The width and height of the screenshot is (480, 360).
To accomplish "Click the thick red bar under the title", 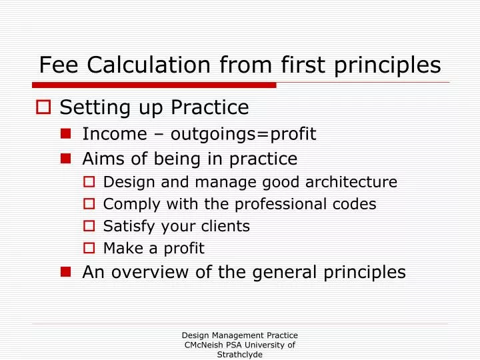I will pos(153,85).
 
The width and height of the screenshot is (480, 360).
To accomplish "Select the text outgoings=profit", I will pos(243,135).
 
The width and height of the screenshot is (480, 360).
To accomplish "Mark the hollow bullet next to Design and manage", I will pos(91,182).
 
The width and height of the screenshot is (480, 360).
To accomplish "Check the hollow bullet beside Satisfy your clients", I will pos(91,226).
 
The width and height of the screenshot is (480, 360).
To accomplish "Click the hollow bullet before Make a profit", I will pos(91,249).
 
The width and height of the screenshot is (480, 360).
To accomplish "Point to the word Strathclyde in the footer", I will pos(239,355).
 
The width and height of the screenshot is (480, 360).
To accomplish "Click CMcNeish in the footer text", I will pos(200,345).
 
